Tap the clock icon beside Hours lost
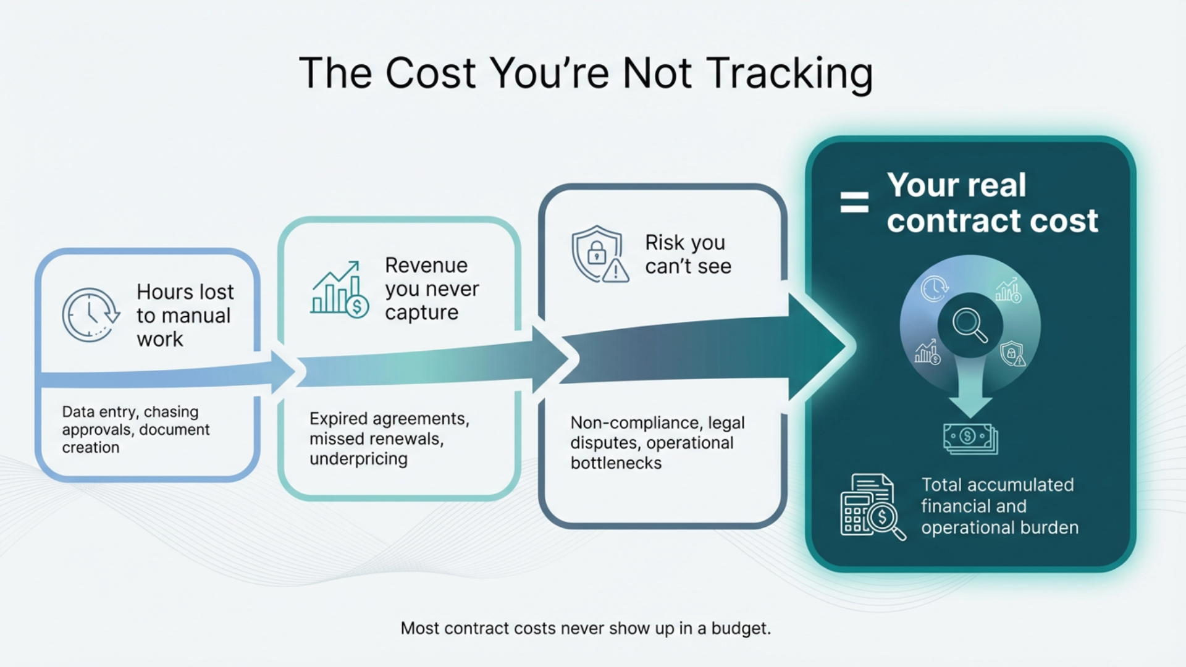(90, 314)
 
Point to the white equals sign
(854, 202)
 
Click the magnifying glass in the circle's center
(970, 325)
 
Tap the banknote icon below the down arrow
(970, 438)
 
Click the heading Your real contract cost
(992, 203)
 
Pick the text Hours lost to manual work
(185, 315)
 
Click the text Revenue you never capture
(431, 289)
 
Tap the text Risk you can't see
(688, 254)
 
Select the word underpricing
(358, 459)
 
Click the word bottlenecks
(616, 463)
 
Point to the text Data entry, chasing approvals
(135, 421)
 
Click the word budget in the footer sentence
(740, 629)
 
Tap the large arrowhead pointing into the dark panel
(818, 346)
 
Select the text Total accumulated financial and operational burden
(999, 506)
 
